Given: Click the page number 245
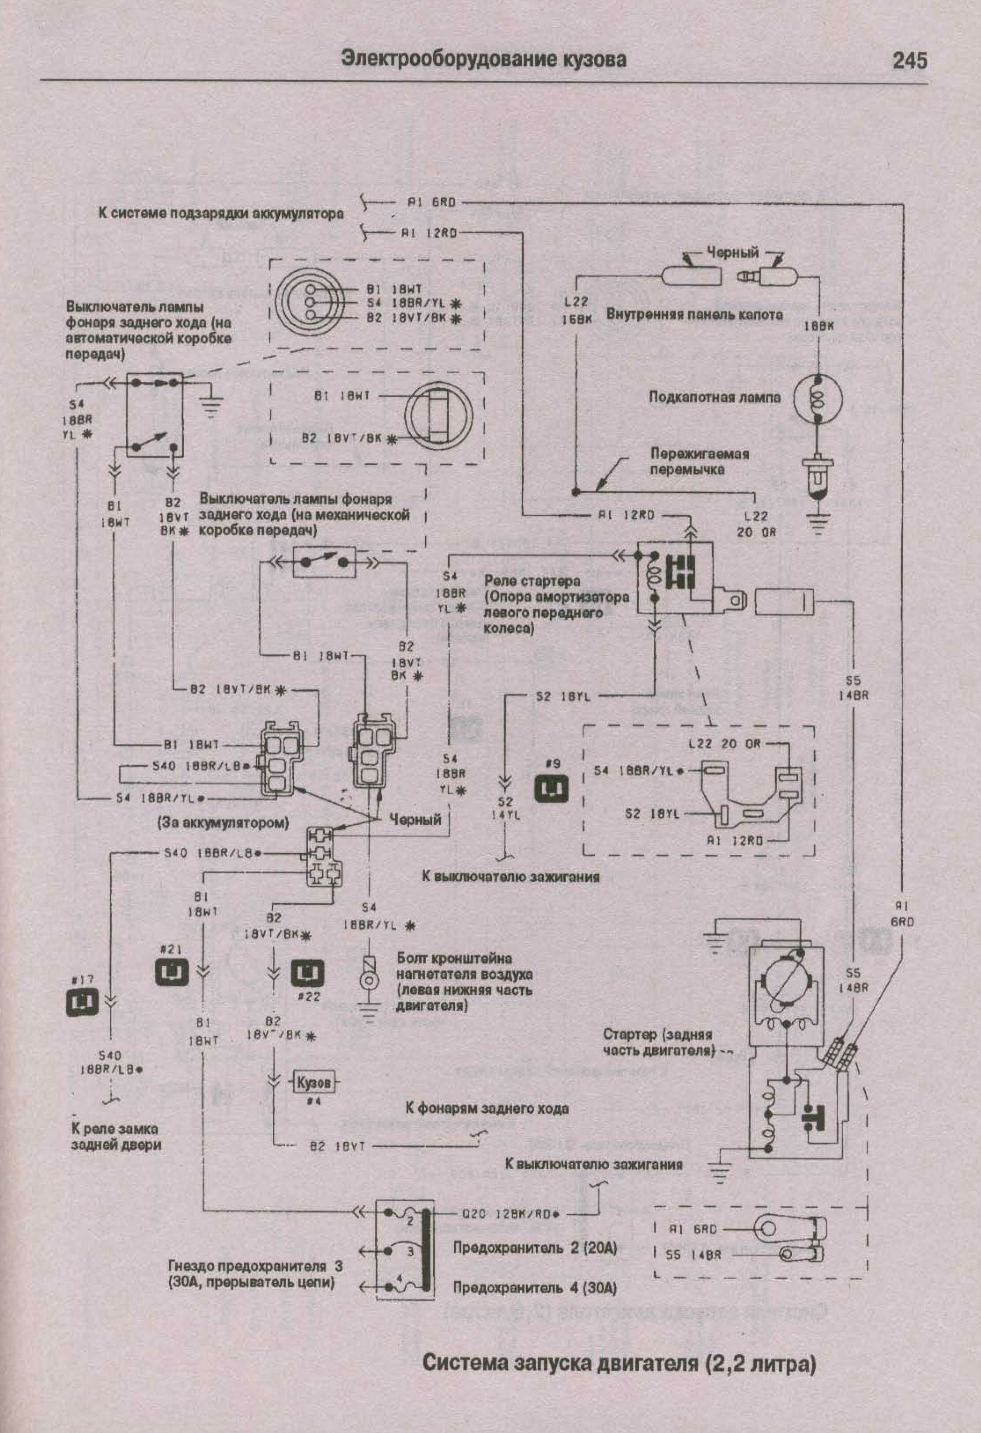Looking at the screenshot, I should (909, 61).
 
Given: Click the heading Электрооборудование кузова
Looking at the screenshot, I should (484, 59).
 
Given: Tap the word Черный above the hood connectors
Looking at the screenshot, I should (732, 252).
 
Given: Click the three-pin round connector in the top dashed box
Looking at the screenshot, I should (307, 302).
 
